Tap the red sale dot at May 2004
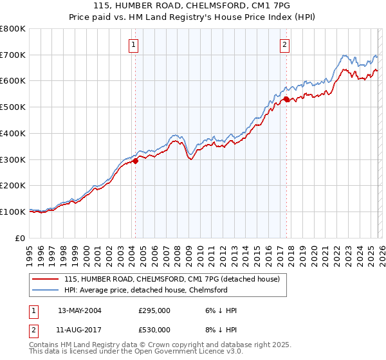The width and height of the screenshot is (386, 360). coord(135,161)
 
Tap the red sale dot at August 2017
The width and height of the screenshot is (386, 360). coord(286,99)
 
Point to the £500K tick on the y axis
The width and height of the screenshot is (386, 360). coord(13,107)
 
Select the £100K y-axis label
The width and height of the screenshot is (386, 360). coord(13,212)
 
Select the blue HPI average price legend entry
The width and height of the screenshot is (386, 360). coord(151,290)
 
